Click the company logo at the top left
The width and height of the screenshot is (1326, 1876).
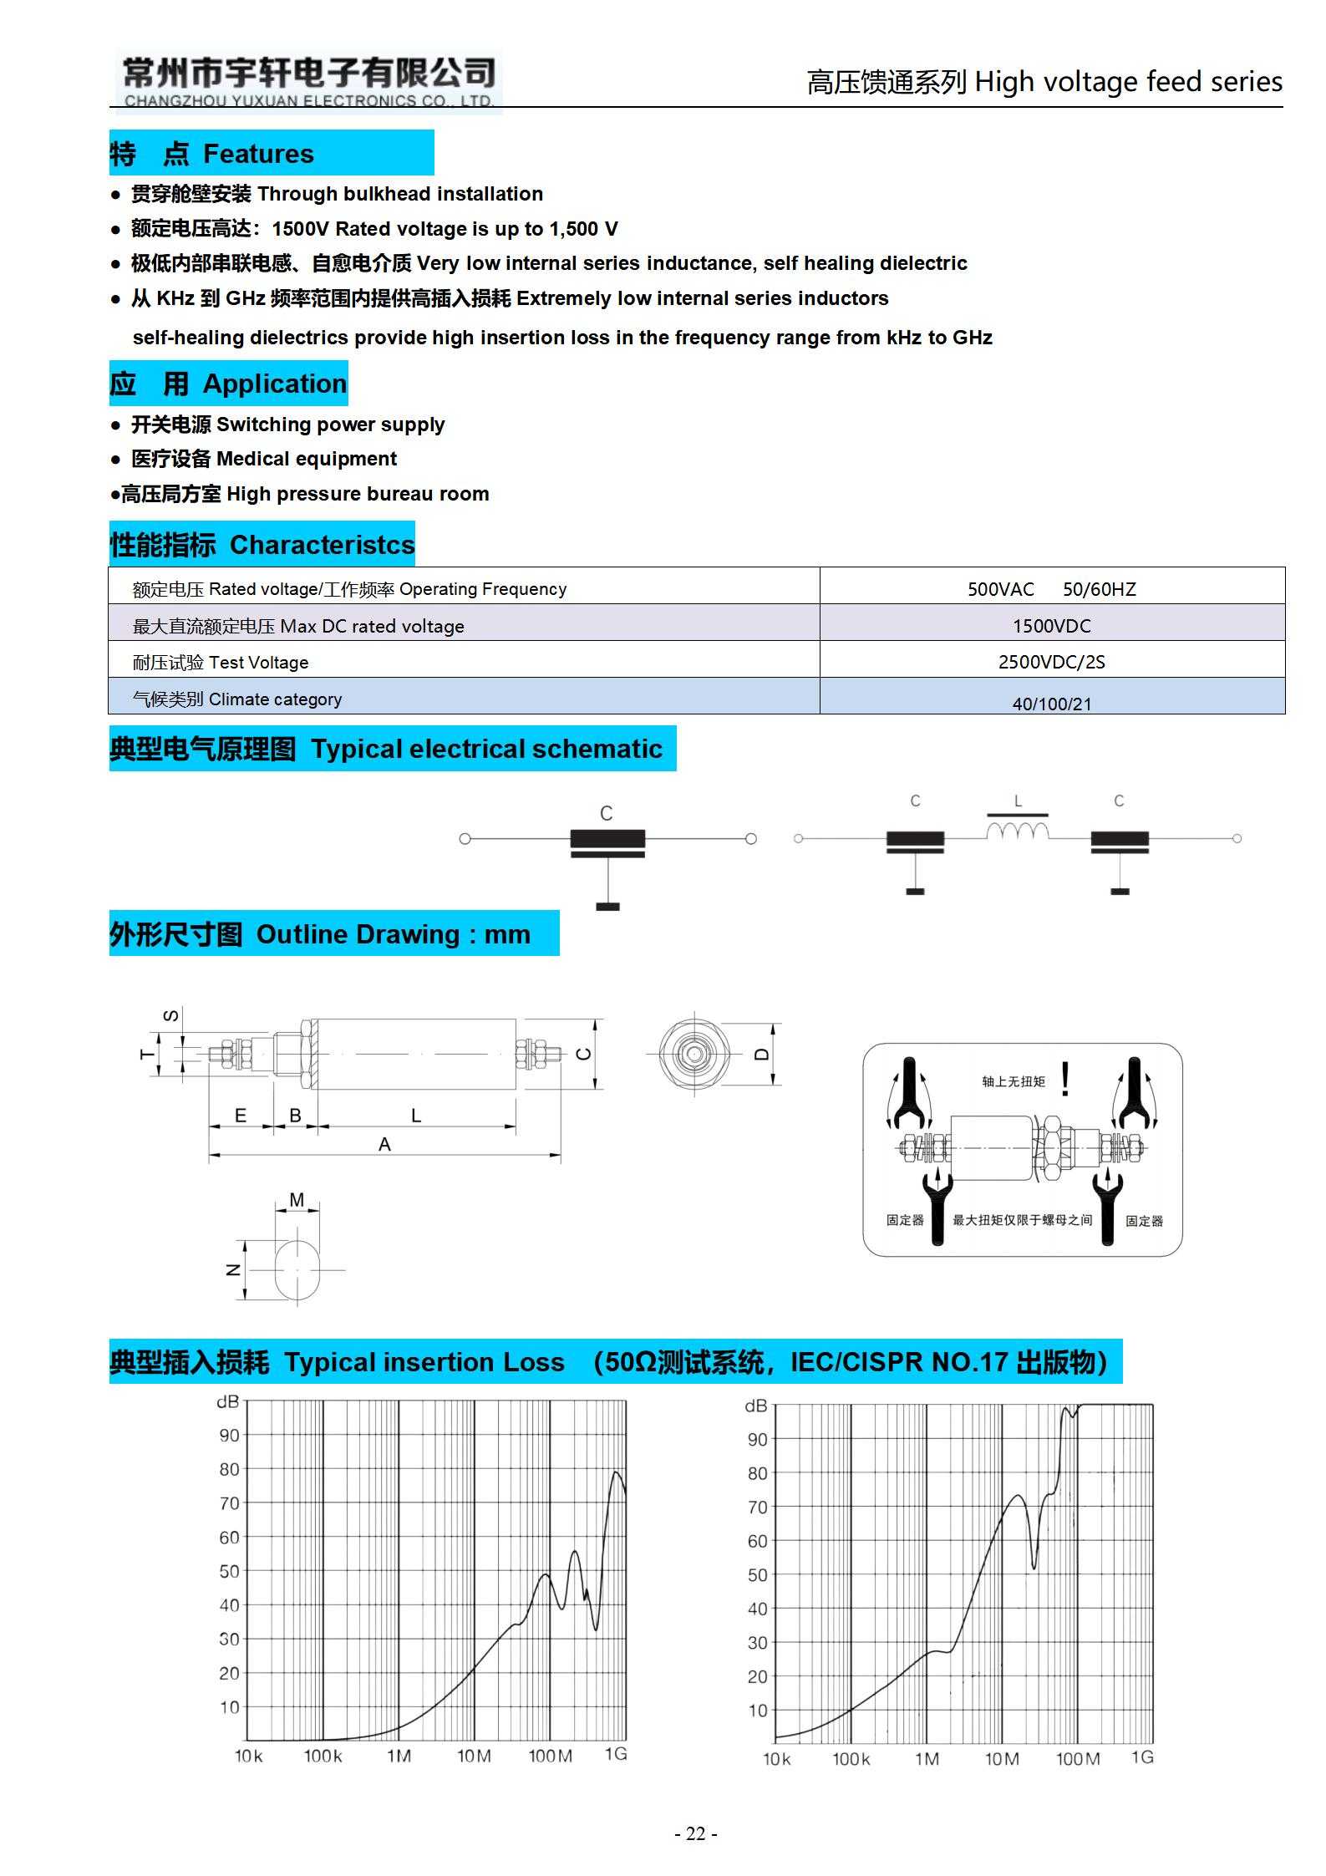click(307, 82)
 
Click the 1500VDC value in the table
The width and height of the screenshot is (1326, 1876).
click(1051, 626)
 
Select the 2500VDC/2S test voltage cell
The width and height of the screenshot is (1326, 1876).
click(1051, 662)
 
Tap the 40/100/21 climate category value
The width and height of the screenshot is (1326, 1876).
click(1051, 704)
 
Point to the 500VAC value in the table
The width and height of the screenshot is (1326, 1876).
click(1000, 589)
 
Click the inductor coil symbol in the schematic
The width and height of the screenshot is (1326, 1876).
click(1017, 831)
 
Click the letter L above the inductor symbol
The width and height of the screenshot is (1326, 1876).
click(1018, 801)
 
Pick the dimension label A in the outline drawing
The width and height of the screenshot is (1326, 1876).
click(384, 1144)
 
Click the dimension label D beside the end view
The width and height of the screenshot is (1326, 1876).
click(761, 1054)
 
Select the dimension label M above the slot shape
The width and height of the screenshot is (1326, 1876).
click(297, 1200)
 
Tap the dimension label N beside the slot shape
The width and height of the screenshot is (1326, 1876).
click(233, 1269)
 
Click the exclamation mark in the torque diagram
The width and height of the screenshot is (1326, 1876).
click(1064, 1079)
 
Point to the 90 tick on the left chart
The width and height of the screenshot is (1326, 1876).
click(229, 1435)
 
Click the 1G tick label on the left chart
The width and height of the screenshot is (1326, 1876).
click(616, 1754)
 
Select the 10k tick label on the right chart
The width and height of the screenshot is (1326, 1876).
click(776, 1759)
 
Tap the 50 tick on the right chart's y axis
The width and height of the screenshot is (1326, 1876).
click(757, 1574)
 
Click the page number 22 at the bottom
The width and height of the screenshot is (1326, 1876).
click(695, 1834)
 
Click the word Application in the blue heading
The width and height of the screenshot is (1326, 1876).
click(274, 384)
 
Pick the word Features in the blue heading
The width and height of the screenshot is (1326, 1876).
click(258, 154)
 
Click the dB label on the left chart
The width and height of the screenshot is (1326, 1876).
click(227, 1401)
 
